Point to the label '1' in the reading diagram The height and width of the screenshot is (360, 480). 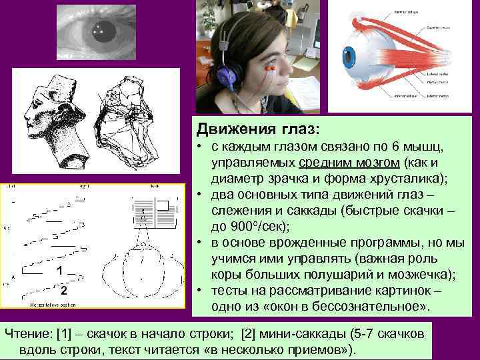[x=60, y=271]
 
